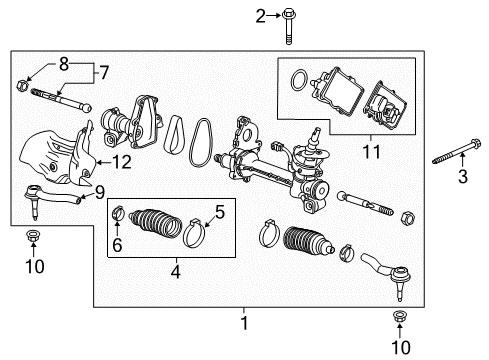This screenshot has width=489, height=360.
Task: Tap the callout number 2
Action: [x=232, y=14]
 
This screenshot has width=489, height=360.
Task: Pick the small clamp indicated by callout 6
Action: [x=117, y=211]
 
